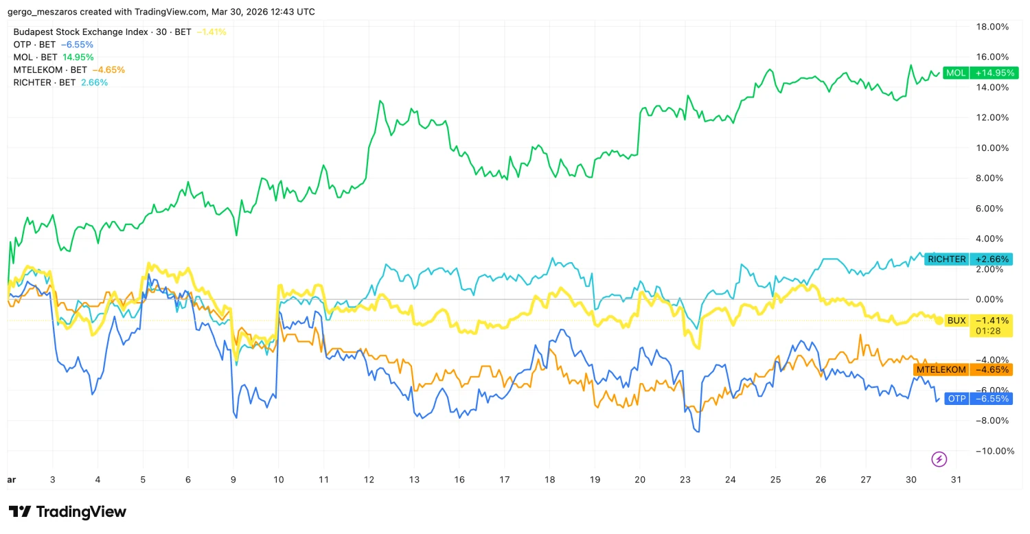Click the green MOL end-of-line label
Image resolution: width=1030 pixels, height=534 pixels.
[955, 73]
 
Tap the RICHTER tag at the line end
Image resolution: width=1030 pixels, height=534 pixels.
[946, 259]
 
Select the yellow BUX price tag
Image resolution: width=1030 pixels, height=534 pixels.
[956, 321]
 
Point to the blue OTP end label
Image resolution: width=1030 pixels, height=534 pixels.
[957, 399]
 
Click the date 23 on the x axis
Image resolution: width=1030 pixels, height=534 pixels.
[685, 480]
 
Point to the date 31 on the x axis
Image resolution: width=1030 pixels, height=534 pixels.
[957, 480]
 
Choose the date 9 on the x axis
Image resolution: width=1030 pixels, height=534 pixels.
[233, 480]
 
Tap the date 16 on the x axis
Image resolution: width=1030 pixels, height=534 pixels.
[459, 480]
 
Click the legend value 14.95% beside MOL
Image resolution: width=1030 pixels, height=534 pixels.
[78, 57]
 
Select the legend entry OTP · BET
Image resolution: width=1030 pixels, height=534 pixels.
[35, 45]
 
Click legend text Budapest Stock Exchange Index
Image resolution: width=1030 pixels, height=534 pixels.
[81, 32]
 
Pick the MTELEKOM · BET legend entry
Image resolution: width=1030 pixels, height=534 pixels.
[50, 69]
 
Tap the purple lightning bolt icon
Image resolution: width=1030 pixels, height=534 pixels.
[939, 459]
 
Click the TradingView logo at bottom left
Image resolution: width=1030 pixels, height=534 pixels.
[67, 512]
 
